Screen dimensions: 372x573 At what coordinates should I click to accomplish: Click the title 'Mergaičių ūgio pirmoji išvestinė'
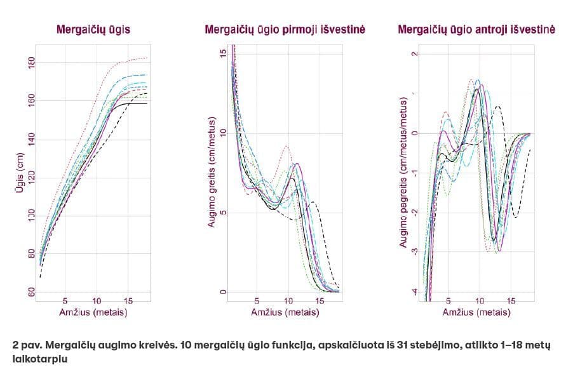[x=285, y=29]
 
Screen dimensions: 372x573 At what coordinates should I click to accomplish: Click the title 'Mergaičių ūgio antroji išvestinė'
[x=476, y=29]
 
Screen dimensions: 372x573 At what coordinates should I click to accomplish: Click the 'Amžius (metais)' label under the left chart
[x=95, y=312]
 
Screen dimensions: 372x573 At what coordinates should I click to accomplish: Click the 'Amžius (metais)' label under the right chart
[x=478, y=312]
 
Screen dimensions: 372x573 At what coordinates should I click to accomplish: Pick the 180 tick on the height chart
[x=30, y=62]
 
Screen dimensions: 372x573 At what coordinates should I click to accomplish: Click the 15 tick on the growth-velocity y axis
[x=222, y=54]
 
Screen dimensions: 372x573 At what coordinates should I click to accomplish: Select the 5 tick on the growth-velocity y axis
[x=222, y=213]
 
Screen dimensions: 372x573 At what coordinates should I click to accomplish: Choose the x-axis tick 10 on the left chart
[x=97, y=301]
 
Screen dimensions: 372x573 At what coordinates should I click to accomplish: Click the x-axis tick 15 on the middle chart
[x=320, y=301]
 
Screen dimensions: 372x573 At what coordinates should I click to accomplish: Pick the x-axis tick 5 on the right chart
[x=448, y=301]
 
